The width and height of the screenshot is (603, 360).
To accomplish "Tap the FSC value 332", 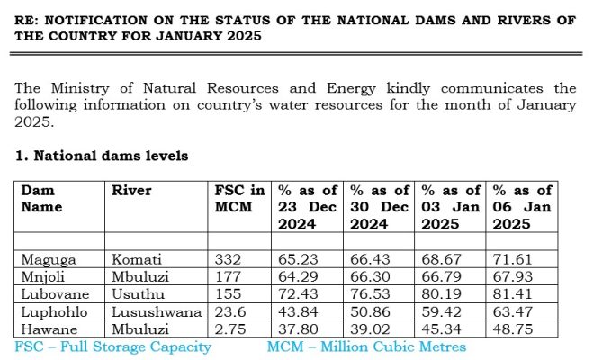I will pyautogui.click(x=228, y=258).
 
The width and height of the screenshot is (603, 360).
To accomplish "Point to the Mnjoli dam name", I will pyautogui.click(x=42, y=275).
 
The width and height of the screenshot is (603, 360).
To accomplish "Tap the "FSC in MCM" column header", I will pyautogui.click(x=240, y=199).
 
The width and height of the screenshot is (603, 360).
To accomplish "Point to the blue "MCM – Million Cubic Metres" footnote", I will pyautogui.click(x=366, y=346).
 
